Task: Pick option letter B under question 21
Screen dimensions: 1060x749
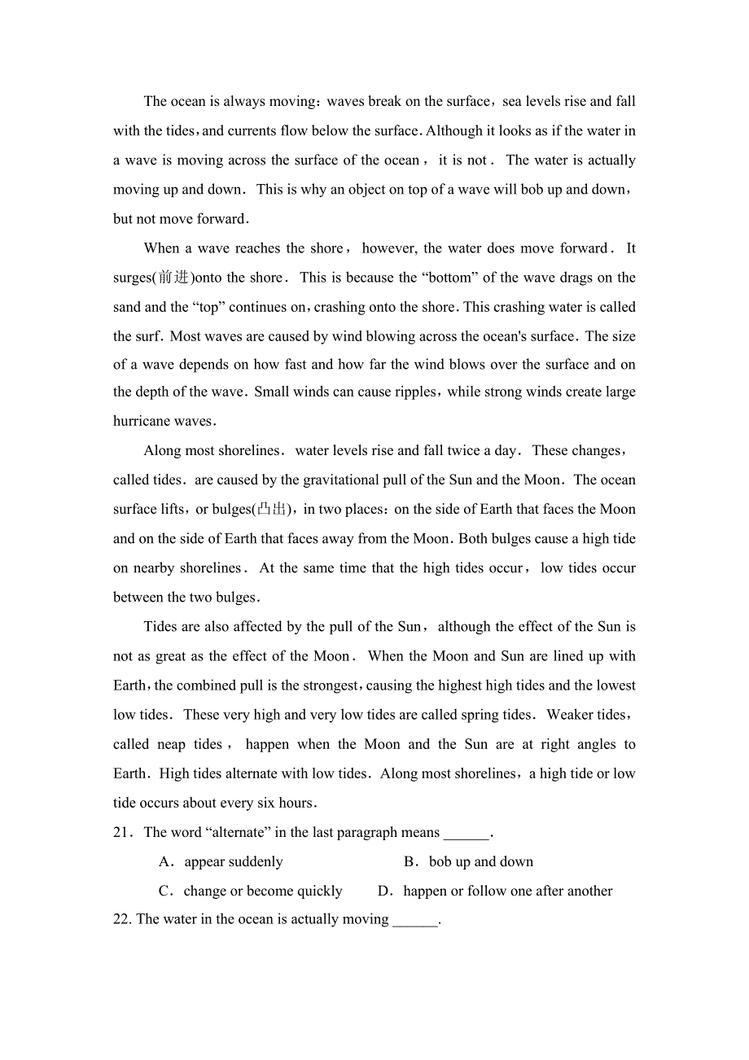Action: pos(410,861)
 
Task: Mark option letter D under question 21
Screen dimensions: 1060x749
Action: pos(384,891)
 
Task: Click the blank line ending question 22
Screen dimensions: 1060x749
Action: pos(415,921)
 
